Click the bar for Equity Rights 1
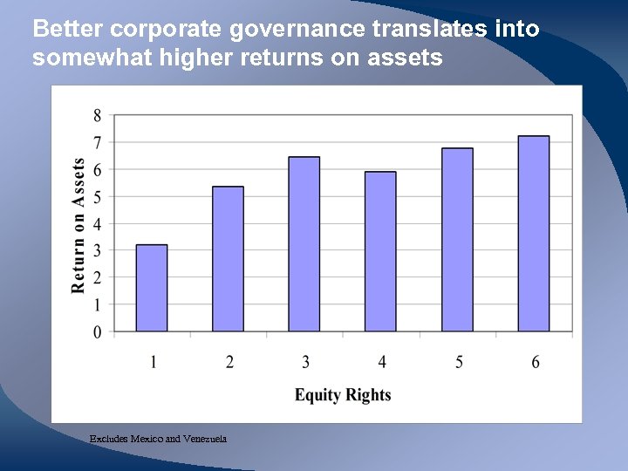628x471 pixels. tap(152, 288)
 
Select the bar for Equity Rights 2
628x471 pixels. tap(228, 259)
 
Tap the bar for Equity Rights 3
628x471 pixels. tap(304, 244)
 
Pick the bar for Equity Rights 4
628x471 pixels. tap(380, 251)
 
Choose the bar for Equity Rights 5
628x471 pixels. tap(457, 240)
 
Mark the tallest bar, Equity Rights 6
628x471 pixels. tap(534, 234)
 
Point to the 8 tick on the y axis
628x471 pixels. tap(96, 115)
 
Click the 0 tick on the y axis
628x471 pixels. tap(96, 332)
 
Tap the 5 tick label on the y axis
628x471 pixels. tap(96, 197)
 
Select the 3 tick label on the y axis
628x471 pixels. tap(96, 251)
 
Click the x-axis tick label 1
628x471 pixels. tap(153, 362)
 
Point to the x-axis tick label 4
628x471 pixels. tap(381, 362)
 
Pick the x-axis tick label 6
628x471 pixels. tap(535, 362)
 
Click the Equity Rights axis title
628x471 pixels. tap(343, 395)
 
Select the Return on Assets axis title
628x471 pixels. tap(78, 225)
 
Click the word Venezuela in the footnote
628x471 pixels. tap(203, 439)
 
